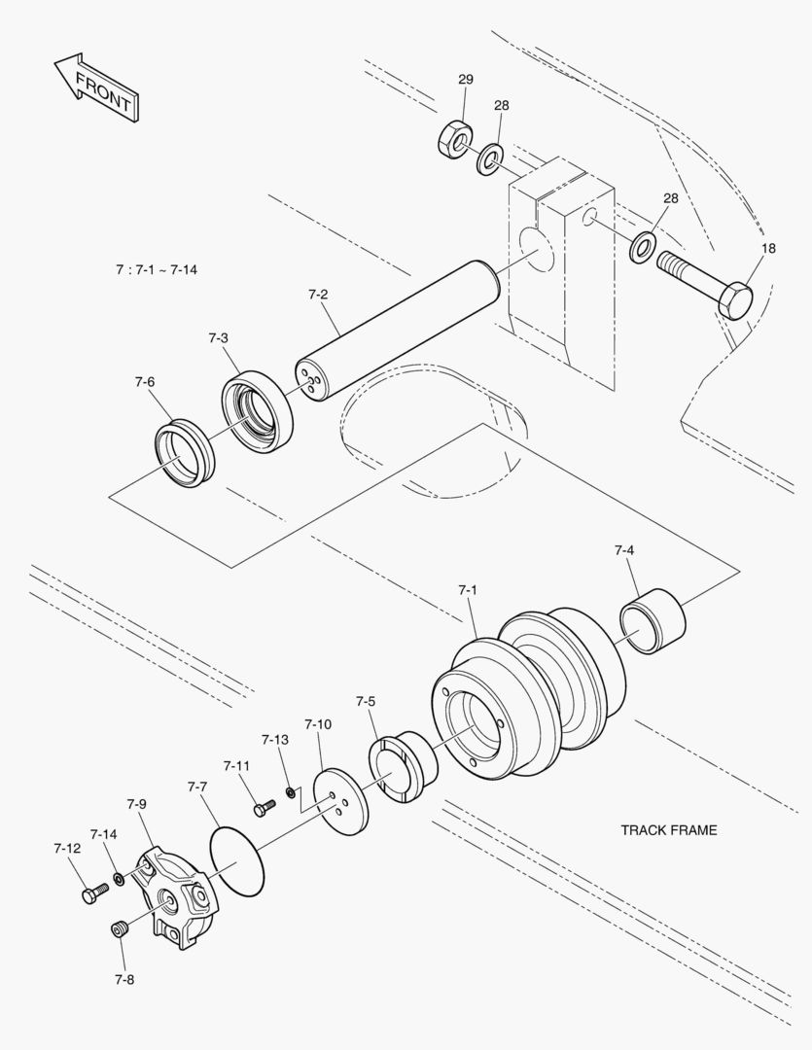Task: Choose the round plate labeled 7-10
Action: (341, 801)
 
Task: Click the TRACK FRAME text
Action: (668, 830)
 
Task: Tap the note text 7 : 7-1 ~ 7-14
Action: (156, 269)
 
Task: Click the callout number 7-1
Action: (467, 590)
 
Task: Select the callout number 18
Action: (768, 249)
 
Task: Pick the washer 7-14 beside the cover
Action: (119, 879)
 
